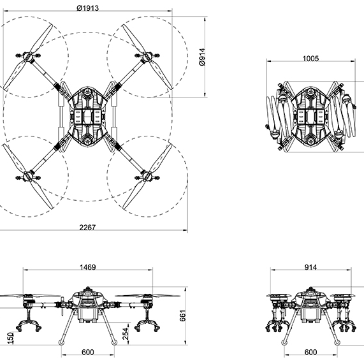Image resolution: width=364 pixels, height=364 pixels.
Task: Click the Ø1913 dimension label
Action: pyautogui.click(x=87, y=8)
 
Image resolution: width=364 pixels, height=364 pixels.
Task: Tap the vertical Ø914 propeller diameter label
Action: pyautogui.click(x=203, y=57)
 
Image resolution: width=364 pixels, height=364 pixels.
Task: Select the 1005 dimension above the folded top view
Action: pyautogui.click(x=310, y=59)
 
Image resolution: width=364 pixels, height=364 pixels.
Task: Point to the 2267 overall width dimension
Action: pyautogui.click(x=87, y=228)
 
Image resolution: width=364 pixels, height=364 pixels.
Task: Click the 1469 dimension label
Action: pyautogui.click(x=88, y=268)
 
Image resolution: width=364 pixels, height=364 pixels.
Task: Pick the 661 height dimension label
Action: pyautogui.click(x=183, y=316)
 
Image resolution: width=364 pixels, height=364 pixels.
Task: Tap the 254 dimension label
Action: pyautogui.click(x=126, y=334)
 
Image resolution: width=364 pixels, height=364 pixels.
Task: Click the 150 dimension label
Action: pyautogui.click(x=11, y=338)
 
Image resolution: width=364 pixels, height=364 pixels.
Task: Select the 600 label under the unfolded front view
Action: pyautogui.click(x=88, y=352)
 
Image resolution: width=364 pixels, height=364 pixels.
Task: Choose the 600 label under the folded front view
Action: pyautogui.click(x=310, y=352)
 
